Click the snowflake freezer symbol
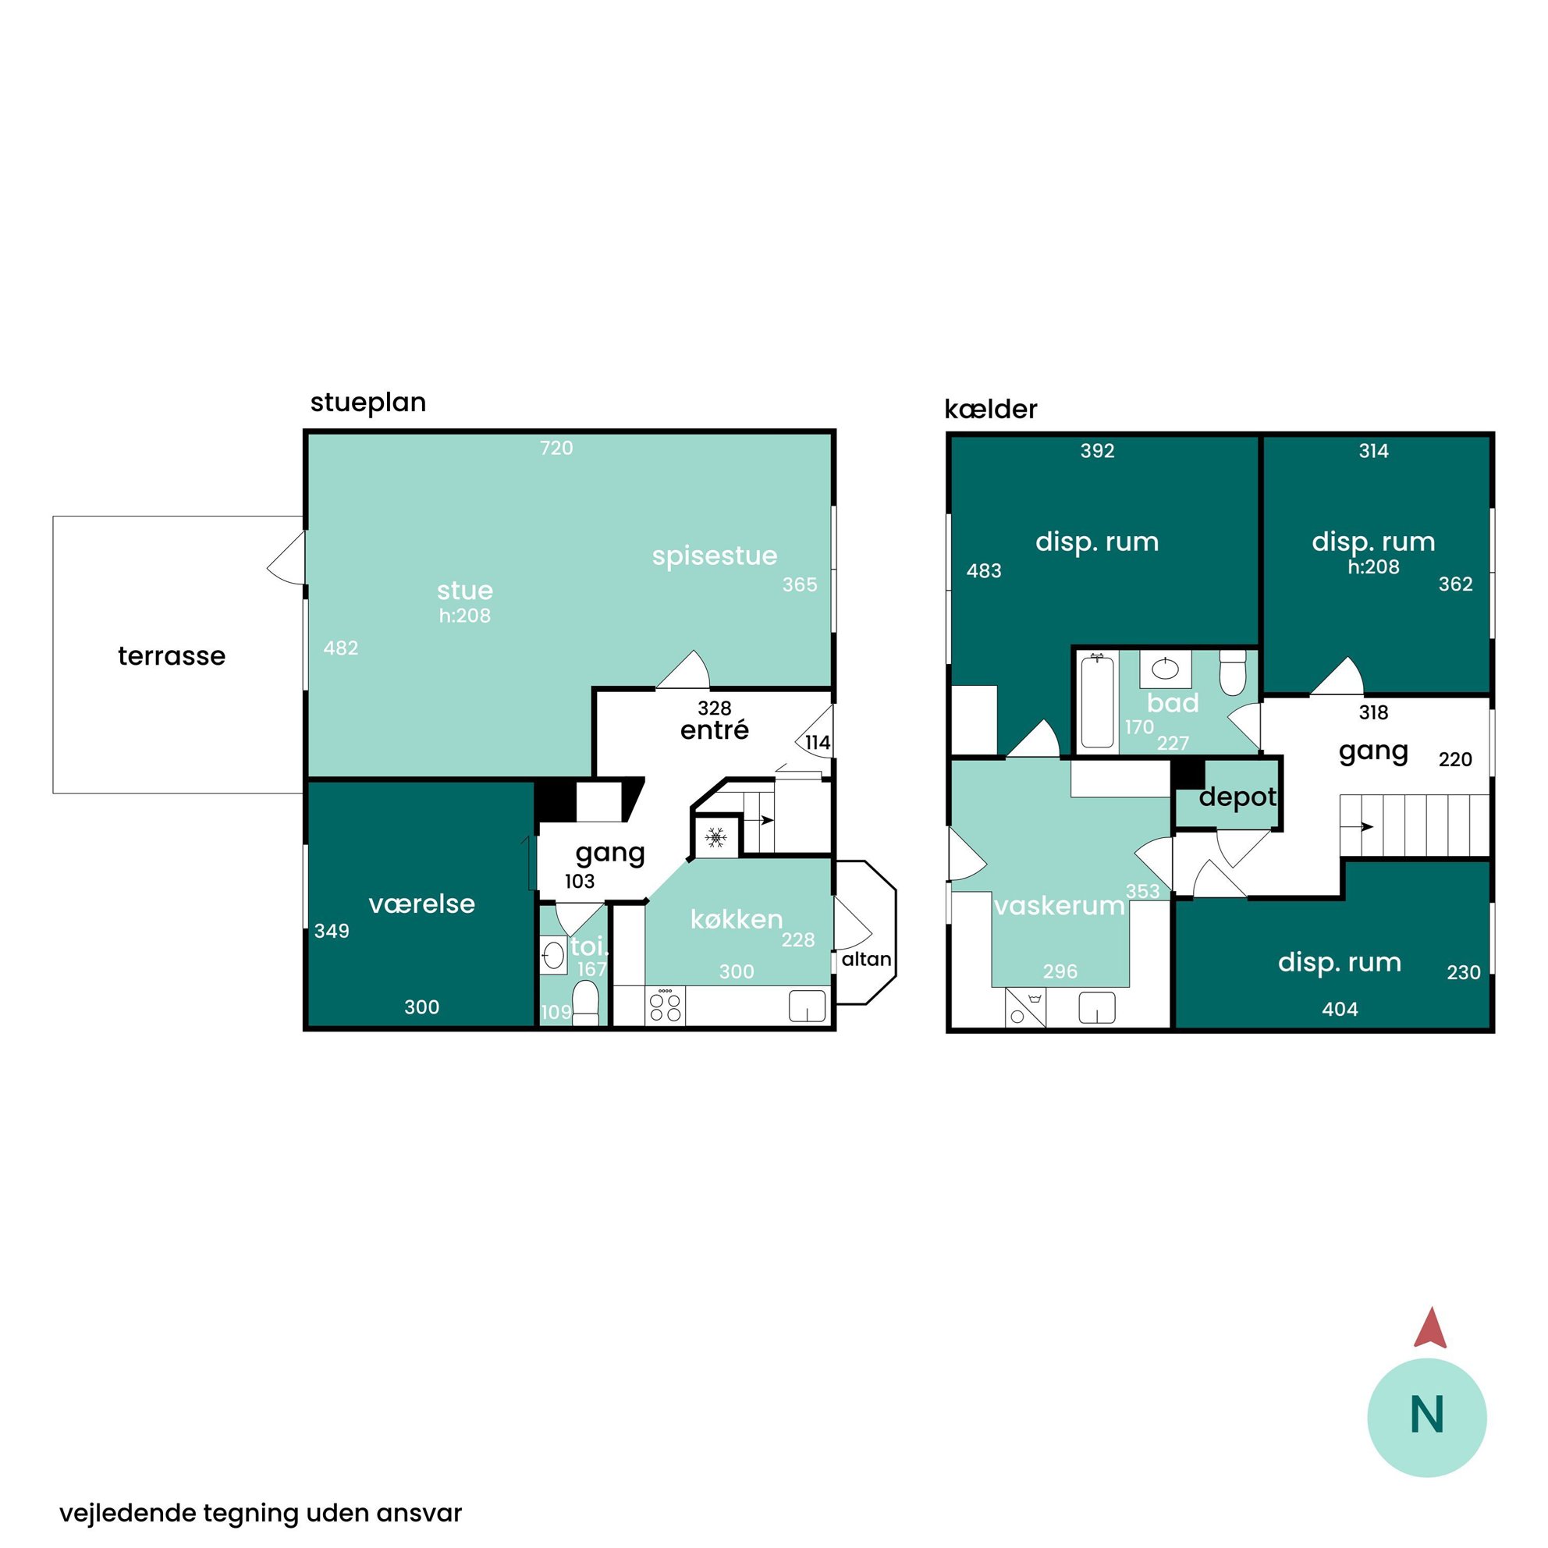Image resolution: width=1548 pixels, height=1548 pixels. point(715,838)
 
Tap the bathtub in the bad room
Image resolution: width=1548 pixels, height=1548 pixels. point(1097,701)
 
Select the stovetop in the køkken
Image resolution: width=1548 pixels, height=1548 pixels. point(665,1007)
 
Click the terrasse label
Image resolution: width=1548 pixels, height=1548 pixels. point(172,656)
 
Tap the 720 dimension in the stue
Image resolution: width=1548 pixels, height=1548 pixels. point(556,448)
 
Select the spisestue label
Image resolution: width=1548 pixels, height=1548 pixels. point(715,556)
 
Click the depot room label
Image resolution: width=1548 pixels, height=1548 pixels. point(1238,798)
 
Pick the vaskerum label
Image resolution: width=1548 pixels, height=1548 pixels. point(1060,906)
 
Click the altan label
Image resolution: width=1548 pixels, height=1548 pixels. point(866,959)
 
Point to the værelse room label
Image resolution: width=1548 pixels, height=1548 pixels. point(421,904)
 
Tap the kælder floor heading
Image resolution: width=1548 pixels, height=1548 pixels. point(990,410)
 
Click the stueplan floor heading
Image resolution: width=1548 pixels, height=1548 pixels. point(367,403)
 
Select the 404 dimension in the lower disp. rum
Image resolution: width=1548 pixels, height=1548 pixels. point(1340,1010)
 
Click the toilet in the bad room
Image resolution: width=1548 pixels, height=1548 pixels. point(1232,673)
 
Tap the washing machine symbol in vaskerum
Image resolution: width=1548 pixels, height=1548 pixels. point(1025,1008)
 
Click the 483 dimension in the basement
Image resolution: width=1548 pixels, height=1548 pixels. point(984,571)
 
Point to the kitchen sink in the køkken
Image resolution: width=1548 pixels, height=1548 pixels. point(808,1007)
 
